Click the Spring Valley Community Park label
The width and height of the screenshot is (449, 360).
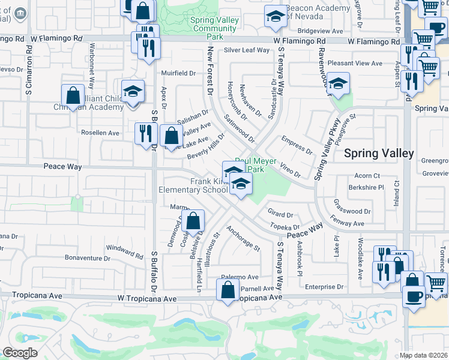pos(214,28)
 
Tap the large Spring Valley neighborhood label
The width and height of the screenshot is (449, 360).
pos(378,153)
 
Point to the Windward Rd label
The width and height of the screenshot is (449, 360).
pos(125,252)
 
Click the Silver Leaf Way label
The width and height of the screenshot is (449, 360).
pos(247,50)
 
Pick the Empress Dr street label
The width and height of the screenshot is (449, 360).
pos(297,145)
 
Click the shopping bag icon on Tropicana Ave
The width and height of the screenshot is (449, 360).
pos(228,292)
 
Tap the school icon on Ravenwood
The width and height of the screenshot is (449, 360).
pos(338,85)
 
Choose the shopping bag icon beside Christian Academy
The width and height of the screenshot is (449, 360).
pos(73,96)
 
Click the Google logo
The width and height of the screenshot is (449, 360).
pos(20,353)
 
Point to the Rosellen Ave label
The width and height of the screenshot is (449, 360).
pos(101,133)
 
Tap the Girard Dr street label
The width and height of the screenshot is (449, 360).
pos(280,214)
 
